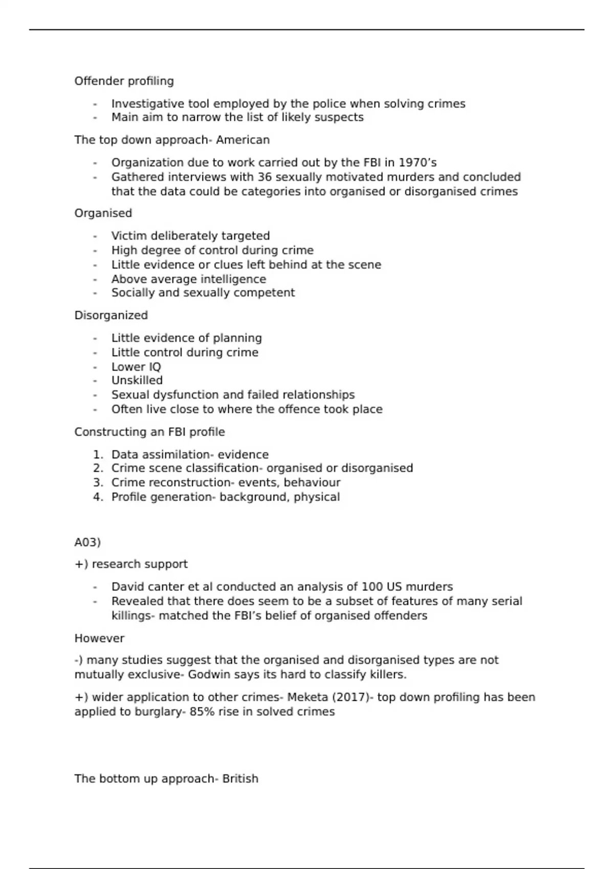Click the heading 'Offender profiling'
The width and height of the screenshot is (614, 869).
click(x=124, y=81)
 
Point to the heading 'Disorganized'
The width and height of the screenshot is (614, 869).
click(x=111, y=315)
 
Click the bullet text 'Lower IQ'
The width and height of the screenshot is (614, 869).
click(x=136, y=367)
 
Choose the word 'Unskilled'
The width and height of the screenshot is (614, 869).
click(x=137, y=381)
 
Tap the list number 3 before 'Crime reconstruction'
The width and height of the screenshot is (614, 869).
click(x=98, y=483)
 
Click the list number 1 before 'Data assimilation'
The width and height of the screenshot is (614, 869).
click(x=98, y=455)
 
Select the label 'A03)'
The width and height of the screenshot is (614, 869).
click(x=87, y=542)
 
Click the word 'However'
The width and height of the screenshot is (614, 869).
click(x=99, y=638)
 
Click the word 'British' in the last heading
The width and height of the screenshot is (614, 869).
click(x=240, y=779)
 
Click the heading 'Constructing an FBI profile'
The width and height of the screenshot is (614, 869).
click(x=149, y=432)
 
